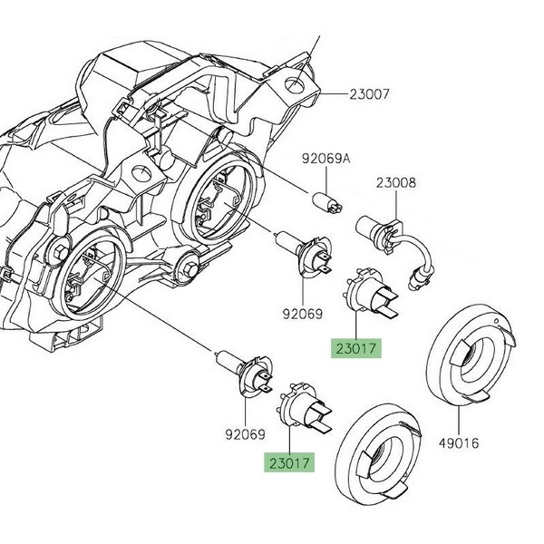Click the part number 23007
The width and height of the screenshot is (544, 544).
tap(351, 93)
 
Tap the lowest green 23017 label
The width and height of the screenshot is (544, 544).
tap(289, 462)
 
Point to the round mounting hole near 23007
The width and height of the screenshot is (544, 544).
tap(296, 87)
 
